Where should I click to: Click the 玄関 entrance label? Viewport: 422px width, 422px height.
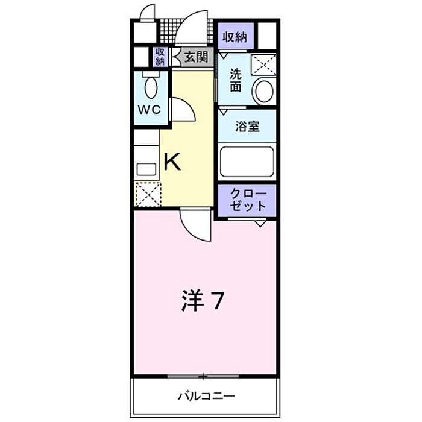[197, 57]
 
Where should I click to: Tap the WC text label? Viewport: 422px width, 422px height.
[150, 110]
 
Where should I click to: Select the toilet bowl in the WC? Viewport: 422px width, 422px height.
[151, 87]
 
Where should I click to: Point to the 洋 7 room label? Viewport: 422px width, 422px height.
[203, 301]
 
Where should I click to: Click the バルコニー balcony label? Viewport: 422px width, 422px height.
[206, 396]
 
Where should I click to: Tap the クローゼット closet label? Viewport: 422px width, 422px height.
[248, 200]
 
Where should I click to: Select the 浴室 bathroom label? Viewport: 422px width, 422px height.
[247, 126]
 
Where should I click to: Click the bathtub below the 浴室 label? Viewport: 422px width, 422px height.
[247, 162]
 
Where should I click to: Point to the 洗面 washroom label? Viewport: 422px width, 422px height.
[236, 80]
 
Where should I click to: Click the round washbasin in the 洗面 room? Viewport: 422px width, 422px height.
[264, 91]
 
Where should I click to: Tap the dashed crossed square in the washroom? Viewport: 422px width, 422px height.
[264, 65]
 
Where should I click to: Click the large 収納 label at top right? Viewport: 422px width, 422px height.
[235, 37]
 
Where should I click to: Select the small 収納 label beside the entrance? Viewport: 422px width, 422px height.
[160, 57]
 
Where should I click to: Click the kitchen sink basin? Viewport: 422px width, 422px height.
[146, 169]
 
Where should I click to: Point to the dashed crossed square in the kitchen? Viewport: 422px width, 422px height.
[148, 194]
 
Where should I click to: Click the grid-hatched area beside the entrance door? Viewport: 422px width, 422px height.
[168, 31]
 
